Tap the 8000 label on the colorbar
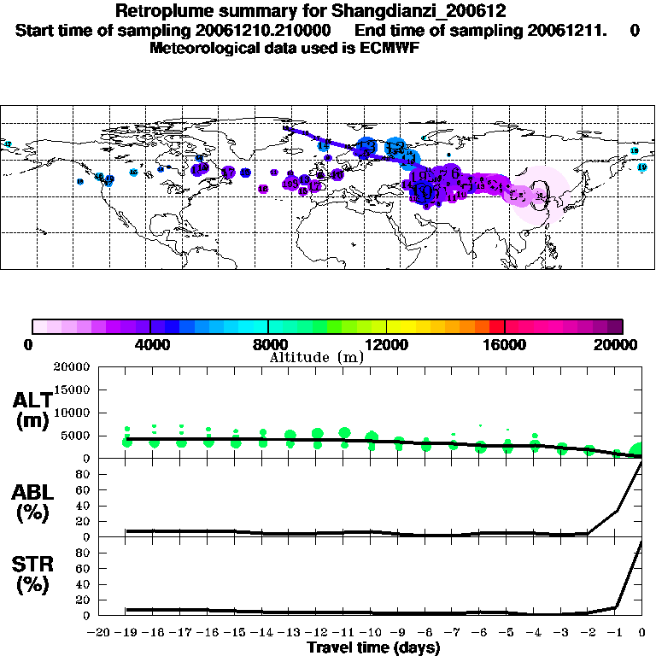[267, 344]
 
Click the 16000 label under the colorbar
[504, 344]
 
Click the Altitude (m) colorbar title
[317, 357]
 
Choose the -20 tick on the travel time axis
[99, 634]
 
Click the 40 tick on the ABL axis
[84, 507]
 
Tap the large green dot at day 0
[638, 451]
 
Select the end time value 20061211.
[547, 31]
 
